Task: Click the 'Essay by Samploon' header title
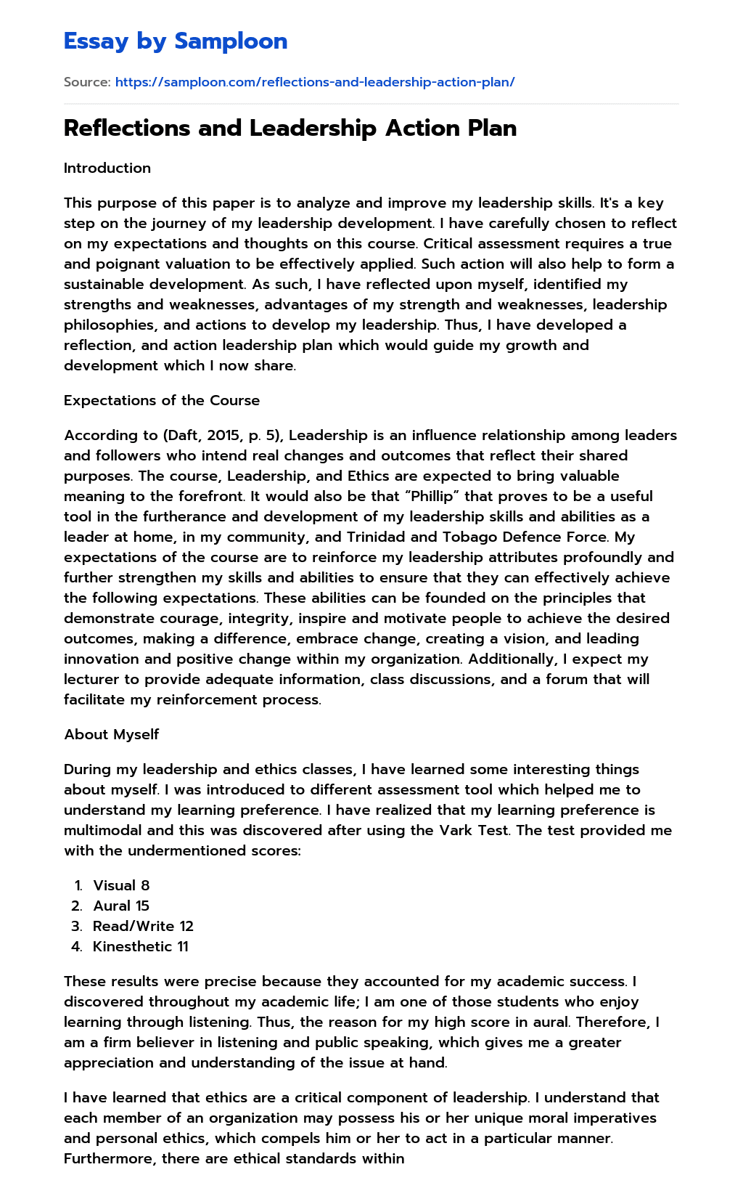click(x=176, y=41)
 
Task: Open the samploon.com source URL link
click(x=315, y=82)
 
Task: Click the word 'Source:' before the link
click(x=87, y=82)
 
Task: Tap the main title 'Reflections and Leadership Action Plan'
click(x=290, y=128)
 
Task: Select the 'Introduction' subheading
click(x=107, y=168)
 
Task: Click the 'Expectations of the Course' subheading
click(x=162, y=400)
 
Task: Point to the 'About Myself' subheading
click(x=112, y=734)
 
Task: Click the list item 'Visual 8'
click(x=121, y=885)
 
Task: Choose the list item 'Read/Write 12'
click(x=143, y=926)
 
